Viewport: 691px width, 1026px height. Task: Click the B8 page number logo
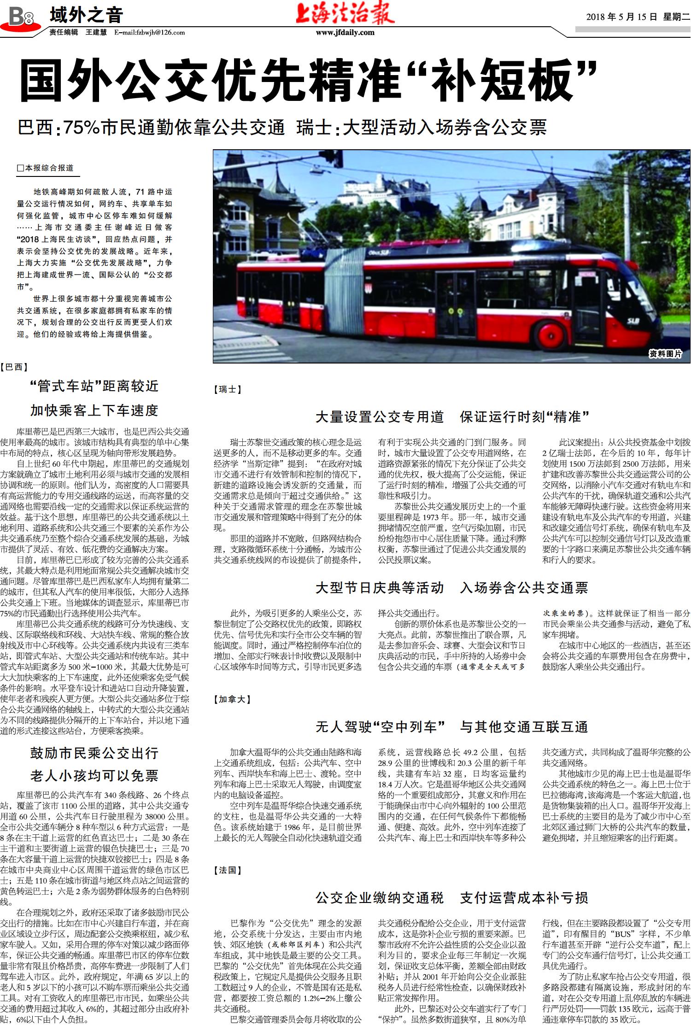tap(21, 18)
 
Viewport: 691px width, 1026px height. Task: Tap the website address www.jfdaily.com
tap(345, 33)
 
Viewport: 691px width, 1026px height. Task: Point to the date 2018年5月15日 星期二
tap(638, 18)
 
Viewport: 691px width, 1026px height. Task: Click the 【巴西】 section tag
tap(15, 367)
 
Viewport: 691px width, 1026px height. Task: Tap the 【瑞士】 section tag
tap(228, 389)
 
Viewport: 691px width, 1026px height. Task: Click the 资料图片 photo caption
tap(665, 354)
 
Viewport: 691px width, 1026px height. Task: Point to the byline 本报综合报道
tap(46, 169)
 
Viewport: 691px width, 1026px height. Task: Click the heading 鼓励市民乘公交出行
tap(94, 753)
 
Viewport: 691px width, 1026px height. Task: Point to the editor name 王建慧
tap(96, 33)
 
